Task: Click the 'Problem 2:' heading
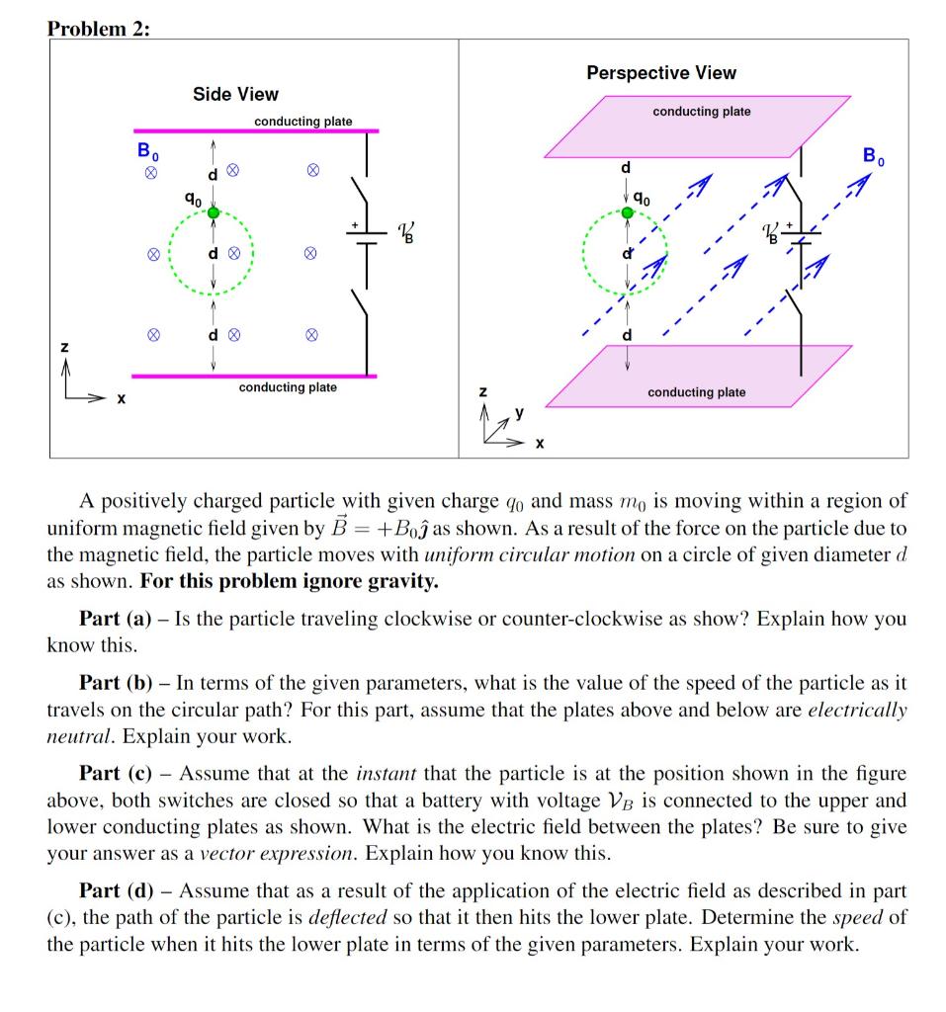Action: point(99,28)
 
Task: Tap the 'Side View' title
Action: point(235,94)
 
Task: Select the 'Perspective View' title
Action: point(660,72)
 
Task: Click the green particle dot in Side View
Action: point(211,211)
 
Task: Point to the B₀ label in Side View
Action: point(147,152)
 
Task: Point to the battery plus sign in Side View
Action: point(351,226)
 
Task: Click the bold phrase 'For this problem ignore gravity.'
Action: point(289,581)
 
